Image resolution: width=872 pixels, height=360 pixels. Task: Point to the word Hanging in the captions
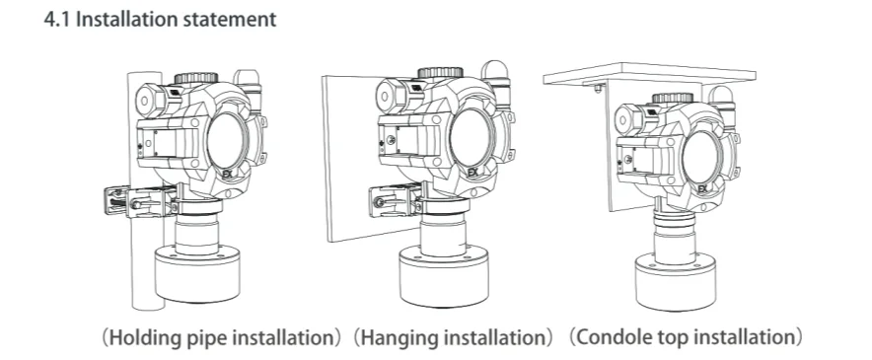(x=398, y=337)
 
